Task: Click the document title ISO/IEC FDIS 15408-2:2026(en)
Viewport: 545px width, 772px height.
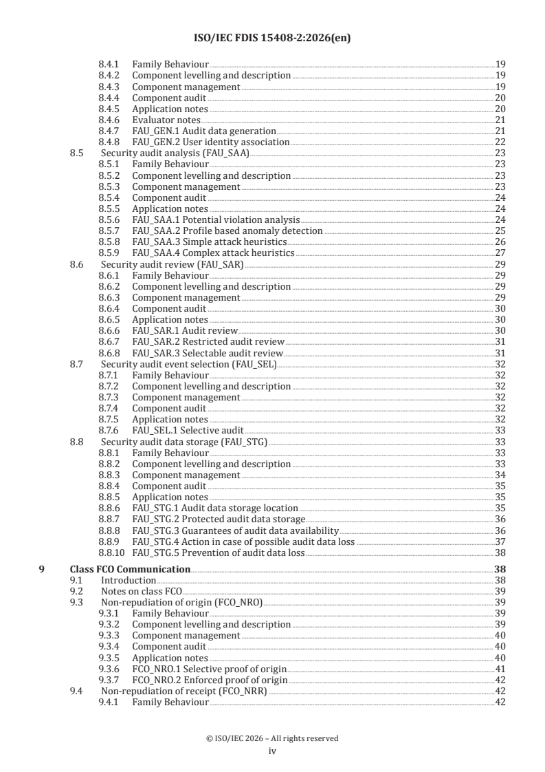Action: click(272, 39)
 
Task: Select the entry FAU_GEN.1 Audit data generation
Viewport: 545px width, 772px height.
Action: click(204, 131)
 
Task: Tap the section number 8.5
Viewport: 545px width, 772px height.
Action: click(78, 153)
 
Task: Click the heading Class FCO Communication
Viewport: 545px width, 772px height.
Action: click(131, 569)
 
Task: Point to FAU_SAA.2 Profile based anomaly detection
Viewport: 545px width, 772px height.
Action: click(227, 230)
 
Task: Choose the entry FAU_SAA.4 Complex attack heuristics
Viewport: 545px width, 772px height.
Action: click(213, 253)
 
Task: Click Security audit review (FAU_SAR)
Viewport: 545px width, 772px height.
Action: click(172, 264)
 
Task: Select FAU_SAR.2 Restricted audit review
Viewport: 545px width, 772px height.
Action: click(208, 342)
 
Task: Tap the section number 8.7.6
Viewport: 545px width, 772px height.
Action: click(109, 431)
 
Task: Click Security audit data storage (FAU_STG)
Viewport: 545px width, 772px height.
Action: click(183, 442)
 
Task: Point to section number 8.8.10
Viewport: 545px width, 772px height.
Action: click(112, 553)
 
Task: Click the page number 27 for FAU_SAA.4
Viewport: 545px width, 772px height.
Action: click(500, 253)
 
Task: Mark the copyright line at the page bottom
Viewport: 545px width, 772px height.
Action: click(272, 738)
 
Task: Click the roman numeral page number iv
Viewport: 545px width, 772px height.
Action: click(272, 751)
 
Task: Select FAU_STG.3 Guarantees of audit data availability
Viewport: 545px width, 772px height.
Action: click(235, 530)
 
